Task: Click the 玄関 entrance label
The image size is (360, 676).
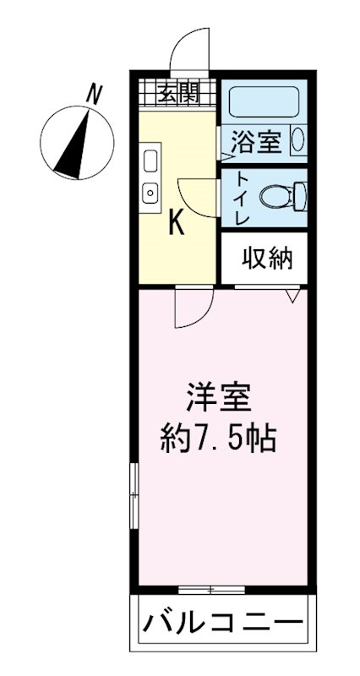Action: coord(177,93)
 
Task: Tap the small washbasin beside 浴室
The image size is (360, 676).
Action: coord(298,140)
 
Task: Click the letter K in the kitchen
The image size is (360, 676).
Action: coord(177,222)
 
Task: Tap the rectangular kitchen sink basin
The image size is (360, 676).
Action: coord(151,161)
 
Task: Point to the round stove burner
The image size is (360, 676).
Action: coord(151,194)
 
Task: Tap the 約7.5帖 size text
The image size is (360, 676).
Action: coord(219,439)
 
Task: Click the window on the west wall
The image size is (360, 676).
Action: coord(133,496)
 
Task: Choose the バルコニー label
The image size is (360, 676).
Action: coord(221,626)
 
